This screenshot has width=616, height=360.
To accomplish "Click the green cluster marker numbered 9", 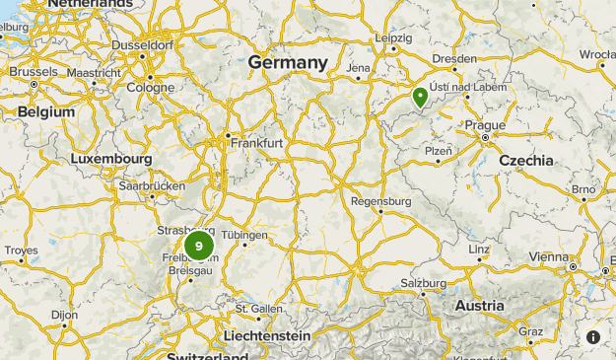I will pyautogui.click(x=199, y=246).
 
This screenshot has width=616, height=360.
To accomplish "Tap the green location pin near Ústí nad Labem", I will pyautogui.click(x=420, y=97).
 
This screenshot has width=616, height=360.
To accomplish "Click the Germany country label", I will pyautogui.click(x=288, y=62).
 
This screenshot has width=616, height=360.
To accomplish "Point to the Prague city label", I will pyautogui.click(x=485, y=125).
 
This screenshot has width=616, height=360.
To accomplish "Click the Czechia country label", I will pyautogui.click(x=526, y=160).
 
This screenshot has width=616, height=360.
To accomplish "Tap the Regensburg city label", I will pyautogui.click(x=380, y=201).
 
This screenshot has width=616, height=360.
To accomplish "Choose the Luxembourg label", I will pyautogui.click(x=111, y=159).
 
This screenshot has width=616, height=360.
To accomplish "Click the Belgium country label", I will pyautogui.click(x=46, y=111).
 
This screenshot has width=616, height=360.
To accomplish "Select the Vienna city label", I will pyautogui.click(x=548, y=256).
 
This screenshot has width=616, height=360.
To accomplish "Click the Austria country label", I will pyautogui.click(x=479, y=306).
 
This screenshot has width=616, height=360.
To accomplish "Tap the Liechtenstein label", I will pyautogui.click(x=266, y=336).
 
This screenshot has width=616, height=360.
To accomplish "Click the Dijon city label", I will pyautogui.click(x=64, y=315).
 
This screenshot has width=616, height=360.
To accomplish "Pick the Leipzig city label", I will pyautogui.click(x=393, y=37).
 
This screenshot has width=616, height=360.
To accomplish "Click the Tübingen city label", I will pyautogui.click(x=244, y=235).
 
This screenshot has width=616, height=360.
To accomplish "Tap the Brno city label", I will pyautogui.click(x=583, y=188).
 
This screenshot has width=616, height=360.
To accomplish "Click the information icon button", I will pyautogui.click(x=593, y=337).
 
